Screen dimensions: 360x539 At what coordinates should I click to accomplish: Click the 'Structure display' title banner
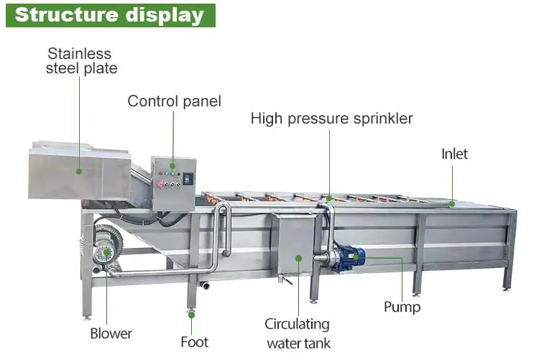[x=110, y=15]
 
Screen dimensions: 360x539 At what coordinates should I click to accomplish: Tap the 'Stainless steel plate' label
[x=81, y=61]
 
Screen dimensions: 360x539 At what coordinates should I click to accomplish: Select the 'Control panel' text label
[x=174, y=101]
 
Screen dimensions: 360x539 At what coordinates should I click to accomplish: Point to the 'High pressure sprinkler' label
[x=331, y=119]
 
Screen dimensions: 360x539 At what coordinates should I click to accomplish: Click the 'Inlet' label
[x=454, y=154]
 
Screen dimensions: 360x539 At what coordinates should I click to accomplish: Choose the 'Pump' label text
[x=402, y=307]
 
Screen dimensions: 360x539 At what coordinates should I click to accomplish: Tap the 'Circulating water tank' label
[x=298, y=333]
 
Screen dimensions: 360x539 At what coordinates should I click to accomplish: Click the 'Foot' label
[x=194, y=341]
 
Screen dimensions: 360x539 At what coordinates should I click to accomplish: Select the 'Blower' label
[x=111, y=333]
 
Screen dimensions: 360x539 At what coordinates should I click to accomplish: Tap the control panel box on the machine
[x=174, y=183]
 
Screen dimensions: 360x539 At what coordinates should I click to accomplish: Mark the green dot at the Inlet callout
[x=453, y=204]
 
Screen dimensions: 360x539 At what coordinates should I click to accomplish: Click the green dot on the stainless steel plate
[x=79, y=172]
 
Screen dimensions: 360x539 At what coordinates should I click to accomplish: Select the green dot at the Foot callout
[x=192, y=313]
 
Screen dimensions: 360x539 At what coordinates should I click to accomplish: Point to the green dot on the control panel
[x=172, y=173]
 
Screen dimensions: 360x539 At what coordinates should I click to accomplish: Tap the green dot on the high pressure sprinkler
[x=330, y=198]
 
